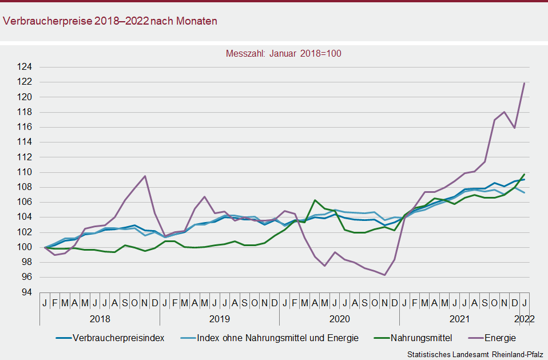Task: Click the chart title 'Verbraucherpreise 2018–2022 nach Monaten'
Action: coord(110,21)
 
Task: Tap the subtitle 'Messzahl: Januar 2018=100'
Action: coord(284,54)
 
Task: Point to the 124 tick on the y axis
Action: coord(26,67)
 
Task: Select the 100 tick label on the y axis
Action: coord(26,247)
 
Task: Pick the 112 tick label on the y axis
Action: coord(26,157)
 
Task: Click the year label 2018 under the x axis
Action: coord(100,318)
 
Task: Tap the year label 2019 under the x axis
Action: coord(219,318)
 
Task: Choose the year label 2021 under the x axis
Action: coord(459,318)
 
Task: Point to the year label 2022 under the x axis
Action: coord(524,318)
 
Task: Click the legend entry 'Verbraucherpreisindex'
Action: coord(118,338)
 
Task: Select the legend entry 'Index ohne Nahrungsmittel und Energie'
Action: coord(277,338)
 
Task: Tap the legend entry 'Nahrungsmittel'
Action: coord(422,338)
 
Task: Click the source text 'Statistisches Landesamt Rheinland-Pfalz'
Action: coord(474,355)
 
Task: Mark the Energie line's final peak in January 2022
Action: coord(524,83)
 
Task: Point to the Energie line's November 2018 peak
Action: coord(145,176)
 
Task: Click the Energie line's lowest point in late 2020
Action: coord(384,275)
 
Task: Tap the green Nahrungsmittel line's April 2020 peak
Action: coord(315,200)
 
